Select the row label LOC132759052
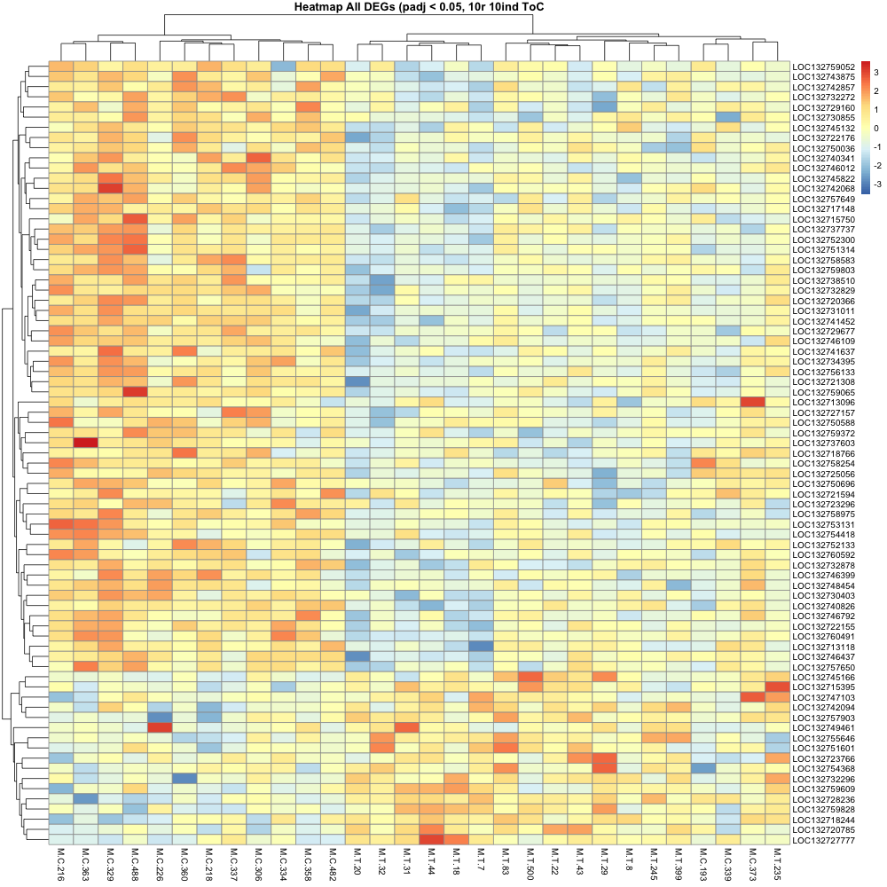(x=824, y=67)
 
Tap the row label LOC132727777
(x=824, y=840)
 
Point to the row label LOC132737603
(x=824, y=443)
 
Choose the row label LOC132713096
(x=824, y=401)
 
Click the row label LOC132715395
(x=824, y=687)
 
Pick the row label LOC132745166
(x=824, y=677)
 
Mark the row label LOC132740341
(x=824, y=158)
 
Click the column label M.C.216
(x=61, y=863)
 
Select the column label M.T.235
(x=776, y=863)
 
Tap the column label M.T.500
(x=529, y=863)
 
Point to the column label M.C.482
(x=334, y=863)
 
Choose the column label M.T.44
(x=432, y=861)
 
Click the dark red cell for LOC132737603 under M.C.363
(x=85, y=443)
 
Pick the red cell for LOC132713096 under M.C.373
(x=752, y=401)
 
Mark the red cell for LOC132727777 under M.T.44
(x=432, y=840)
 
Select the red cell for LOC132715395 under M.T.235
(x=776, y=687)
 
